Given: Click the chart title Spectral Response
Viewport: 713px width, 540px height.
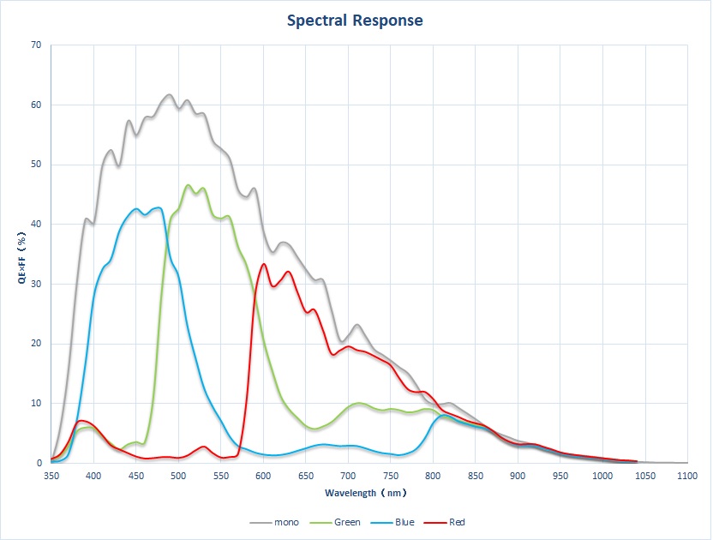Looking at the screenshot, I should point(355,20).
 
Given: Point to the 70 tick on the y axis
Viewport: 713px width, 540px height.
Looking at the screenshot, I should point(36,45).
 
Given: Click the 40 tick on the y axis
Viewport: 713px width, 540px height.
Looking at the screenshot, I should point(36,225).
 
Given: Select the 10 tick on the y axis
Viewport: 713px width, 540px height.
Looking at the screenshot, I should point(36,404).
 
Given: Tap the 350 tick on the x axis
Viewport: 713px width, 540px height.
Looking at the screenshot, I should point(51,474).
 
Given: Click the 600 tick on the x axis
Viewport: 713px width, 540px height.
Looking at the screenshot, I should point(263,474).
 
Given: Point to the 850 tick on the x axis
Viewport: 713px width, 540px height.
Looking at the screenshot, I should point(476,474).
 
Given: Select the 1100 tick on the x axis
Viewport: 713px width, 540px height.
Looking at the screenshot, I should point(687,474).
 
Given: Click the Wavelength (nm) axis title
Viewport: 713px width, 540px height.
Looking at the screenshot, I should point(366,493).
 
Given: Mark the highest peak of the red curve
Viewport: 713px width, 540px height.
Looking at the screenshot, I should point(263,264).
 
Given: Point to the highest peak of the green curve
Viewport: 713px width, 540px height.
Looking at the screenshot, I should point(188,185).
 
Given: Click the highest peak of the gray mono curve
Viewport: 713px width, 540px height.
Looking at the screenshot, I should point(169,94).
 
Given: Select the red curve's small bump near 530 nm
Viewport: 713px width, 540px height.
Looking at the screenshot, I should point(203,447).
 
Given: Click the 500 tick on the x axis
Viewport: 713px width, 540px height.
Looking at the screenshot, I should point(178,474).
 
